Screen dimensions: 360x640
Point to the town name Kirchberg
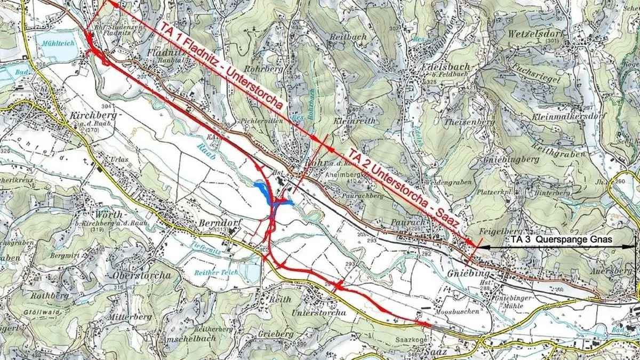[x=92, y=116]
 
